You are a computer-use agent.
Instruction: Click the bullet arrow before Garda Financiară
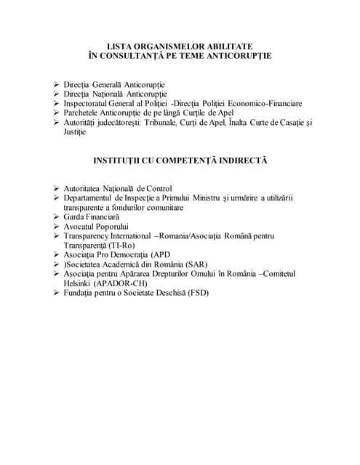pyautogui.click(x=57, y=217)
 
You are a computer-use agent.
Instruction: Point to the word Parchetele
pyautogui.click(x=84, y=113)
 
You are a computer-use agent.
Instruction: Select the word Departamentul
pyautogui.click(x=95, y=198)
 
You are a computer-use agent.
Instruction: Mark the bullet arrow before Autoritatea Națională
pyautogui.click(x=57, y=188)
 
